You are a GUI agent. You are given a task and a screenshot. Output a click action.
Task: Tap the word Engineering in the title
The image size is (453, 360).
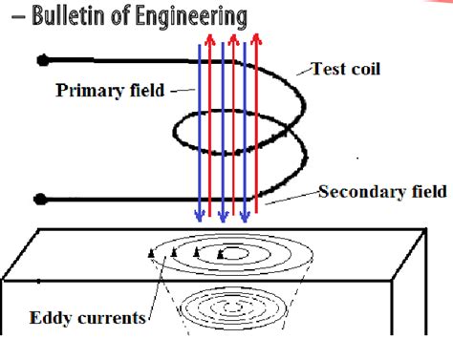[190, 17]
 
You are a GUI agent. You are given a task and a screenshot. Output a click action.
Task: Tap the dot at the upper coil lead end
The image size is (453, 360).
[42, 60]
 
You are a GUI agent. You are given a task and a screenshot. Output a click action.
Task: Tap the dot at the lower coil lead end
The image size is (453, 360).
[42, 201]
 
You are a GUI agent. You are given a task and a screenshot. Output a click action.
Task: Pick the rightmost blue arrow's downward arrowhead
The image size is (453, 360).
[246, 217]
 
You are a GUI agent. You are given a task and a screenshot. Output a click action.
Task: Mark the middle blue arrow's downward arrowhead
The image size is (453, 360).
[223, 217]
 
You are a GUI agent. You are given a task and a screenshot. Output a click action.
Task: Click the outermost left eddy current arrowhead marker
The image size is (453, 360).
[150, 252]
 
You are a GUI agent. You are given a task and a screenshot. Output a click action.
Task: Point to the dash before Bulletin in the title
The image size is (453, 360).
[11, 17]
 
